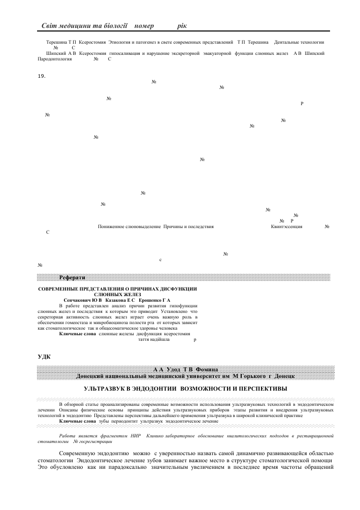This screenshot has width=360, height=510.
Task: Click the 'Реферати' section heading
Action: (x=72, y=277)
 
